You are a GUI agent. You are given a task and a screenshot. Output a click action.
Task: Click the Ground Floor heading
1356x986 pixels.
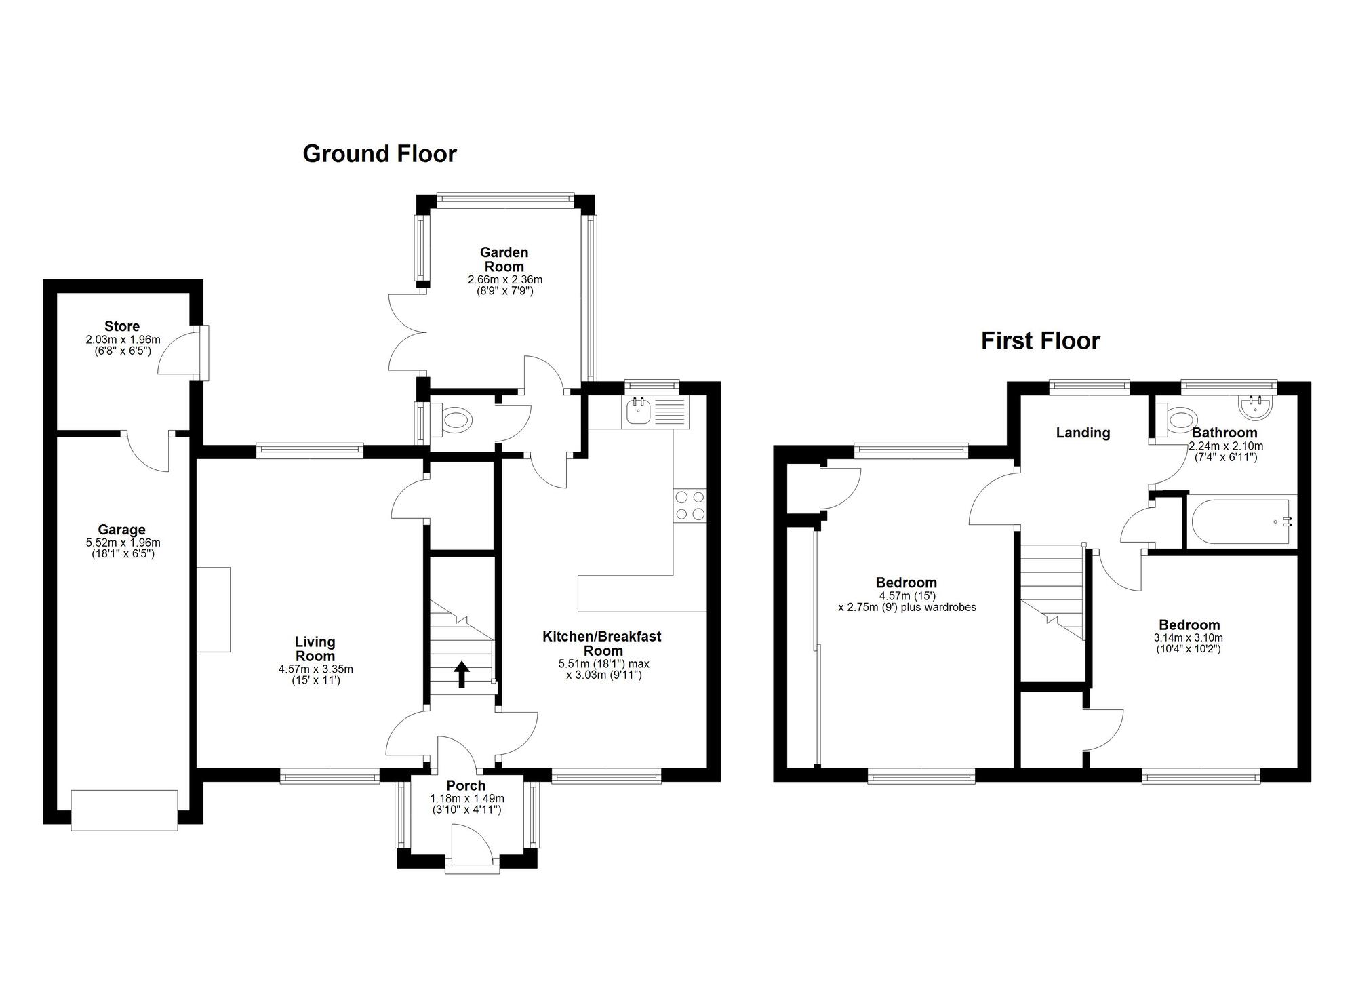click(x=380, y=154)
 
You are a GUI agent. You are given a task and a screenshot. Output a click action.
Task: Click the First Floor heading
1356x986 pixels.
click(x=1040, y=340)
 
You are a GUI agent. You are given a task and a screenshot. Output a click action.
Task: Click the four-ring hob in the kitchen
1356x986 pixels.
click(x=690, y=505)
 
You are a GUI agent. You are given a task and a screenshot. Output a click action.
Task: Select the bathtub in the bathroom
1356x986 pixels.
click(x=1239, y=522)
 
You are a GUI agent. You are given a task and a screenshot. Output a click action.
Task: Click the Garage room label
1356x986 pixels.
click(x=122, y=530)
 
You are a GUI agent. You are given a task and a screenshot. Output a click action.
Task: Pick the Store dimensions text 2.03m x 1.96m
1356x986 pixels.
click(x=123, y=340)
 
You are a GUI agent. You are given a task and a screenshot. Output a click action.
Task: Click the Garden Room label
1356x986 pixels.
click(x=504, y=259)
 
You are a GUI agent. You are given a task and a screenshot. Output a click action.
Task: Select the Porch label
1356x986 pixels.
click(x=466, y=785)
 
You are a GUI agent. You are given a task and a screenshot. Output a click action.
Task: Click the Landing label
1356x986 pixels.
click(x=1083, y=433)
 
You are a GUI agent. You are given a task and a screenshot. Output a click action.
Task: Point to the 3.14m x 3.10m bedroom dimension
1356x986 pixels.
click(x=1189, y=638)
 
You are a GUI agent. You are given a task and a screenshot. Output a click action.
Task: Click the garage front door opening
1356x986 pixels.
click(x=124, y=810)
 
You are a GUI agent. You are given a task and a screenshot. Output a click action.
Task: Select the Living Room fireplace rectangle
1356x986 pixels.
click(x=214, y=610)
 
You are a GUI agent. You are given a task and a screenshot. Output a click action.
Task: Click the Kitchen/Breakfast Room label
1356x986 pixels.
click(x=602, y=643)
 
